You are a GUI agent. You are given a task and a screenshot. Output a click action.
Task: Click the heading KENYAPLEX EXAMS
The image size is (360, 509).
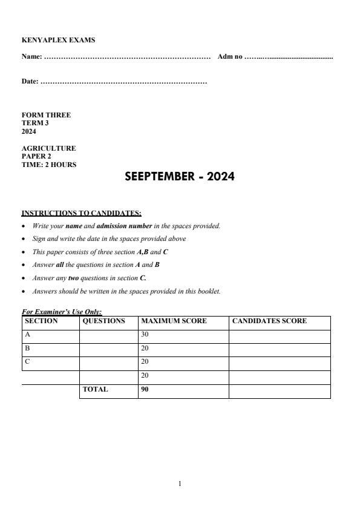point(58,41)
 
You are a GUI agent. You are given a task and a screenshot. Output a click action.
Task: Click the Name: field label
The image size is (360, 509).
point(31,56)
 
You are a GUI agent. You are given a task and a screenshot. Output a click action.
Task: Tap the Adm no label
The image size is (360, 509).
point(230,56)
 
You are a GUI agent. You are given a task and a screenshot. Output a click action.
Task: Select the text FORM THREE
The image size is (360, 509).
point(46,115)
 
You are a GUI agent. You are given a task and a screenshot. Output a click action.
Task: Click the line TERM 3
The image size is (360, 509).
point(35,123)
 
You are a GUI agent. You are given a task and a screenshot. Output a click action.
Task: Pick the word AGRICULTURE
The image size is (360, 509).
point(48,148)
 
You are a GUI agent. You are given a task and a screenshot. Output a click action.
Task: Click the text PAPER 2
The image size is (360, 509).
point(36,156)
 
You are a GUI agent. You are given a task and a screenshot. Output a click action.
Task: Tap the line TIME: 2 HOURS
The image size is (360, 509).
point(49,164)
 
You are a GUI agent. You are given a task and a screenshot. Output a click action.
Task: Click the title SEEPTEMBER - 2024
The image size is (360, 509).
point(179,177)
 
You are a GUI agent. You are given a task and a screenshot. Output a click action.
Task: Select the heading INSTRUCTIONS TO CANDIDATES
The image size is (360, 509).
point(81,212)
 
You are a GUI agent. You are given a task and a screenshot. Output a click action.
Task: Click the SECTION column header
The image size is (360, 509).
point(41,321)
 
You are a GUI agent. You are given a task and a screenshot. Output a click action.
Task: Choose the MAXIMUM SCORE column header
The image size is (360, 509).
point(174,321)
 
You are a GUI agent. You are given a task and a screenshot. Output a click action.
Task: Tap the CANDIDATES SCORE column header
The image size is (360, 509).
point(269,321)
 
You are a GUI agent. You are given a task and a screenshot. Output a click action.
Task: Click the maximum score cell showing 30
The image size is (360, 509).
point(145,334)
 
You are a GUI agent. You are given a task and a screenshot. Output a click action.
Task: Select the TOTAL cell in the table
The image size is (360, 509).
point(95,390)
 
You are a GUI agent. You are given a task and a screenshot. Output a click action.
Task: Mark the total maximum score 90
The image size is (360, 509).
point(145,390)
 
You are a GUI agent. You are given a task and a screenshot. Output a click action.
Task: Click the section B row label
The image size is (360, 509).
point(27,349)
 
